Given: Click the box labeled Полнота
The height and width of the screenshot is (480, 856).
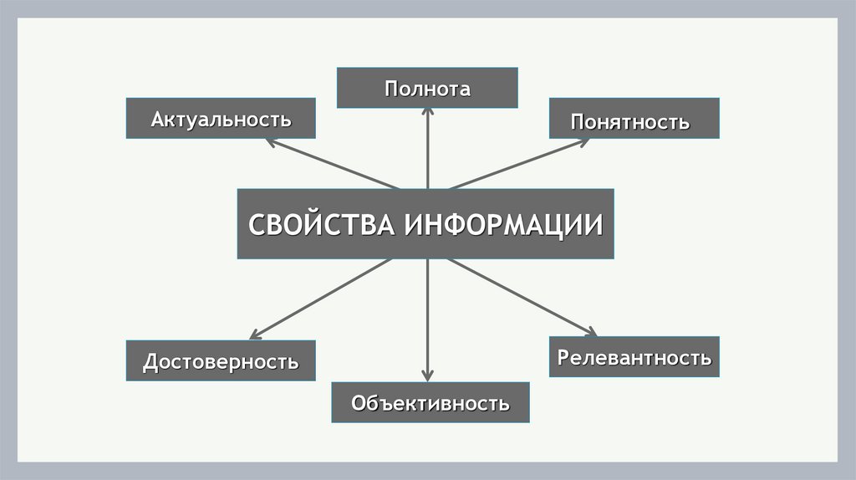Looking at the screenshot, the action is coord(427,89).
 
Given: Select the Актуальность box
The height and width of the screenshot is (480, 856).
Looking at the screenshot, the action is coord(221,118).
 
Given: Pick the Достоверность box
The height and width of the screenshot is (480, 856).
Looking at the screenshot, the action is coord(221,361).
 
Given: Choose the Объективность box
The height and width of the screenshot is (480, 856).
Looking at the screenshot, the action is coord(430,402).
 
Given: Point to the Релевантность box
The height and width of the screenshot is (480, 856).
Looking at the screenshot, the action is coord(634,357).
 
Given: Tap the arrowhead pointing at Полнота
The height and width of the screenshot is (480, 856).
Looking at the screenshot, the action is coord(427,115).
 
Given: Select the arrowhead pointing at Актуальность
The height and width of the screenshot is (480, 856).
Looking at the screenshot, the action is coord(270,141).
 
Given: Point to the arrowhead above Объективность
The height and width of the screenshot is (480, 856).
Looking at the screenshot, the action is coord(427,375).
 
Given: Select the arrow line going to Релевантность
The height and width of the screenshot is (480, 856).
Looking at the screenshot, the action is coord(518,294).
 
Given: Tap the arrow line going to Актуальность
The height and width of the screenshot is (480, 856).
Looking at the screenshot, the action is coord(334,165).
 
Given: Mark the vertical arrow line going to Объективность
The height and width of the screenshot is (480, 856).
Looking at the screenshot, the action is coord(427,318).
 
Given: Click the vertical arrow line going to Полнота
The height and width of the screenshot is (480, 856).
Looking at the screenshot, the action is coord(427,155).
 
